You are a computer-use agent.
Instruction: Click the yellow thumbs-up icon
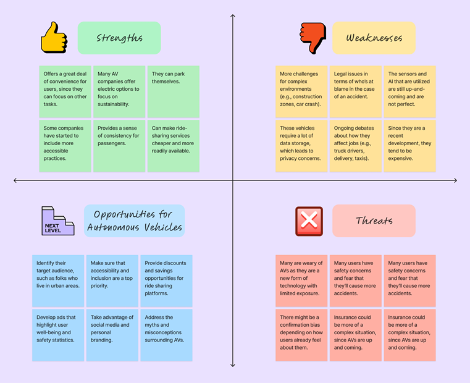[x=54, y=37]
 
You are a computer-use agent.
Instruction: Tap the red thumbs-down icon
[x=313, y=38]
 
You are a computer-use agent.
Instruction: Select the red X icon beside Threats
[x=309, y=221]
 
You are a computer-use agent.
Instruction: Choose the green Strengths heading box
[x=119, y=38]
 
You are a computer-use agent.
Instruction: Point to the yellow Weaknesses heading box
[x=374, y=38]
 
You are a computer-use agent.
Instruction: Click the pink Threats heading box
[x=374, y=221]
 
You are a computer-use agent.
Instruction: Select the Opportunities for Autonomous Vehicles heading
[x=135, y=221]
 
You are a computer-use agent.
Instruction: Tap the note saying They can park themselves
[x=174, y=91]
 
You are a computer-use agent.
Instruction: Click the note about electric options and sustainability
[x=119, y=91]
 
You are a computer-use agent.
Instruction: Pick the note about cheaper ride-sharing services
[x=174, y=146]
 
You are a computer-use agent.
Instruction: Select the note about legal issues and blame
[x=355, y=91]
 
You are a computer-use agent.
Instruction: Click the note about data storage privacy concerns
[x=301, y=146]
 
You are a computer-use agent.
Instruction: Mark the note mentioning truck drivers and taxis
[x=355, y=146]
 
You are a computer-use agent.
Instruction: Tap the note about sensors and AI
[x=409, y=91]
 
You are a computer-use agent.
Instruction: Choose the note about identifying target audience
[x=57, y=280]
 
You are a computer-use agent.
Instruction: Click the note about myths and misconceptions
[x=166, y=335]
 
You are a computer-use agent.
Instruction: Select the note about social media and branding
[x=112, y=335]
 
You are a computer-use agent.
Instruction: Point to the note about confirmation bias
[x=301, y=335]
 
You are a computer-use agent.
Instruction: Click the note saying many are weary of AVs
[x=301, y=280]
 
